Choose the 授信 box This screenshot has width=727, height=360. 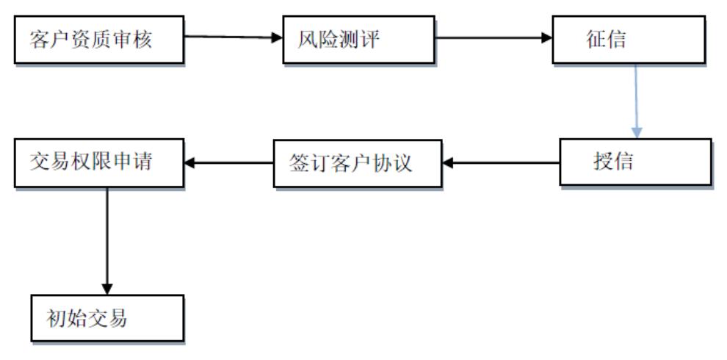point(634,162)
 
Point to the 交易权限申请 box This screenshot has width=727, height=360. point(98,162)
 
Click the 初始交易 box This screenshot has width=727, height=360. point(107,317)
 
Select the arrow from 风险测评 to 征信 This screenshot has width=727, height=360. point(492,37)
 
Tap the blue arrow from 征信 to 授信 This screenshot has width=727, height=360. point(636,99)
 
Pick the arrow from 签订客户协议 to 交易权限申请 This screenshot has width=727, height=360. point(228,162)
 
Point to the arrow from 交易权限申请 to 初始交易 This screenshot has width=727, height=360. point(107,239)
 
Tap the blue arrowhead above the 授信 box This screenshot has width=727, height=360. point(637,133)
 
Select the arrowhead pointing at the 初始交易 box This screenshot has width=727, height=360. point(107,288)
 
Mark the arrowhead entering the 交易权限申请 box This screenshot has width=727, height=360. point(189,162)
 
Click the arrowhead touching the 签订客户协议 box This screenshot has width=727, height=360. point(447,162)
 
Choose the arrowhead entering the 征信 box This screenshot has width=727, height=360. point(546,37)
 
